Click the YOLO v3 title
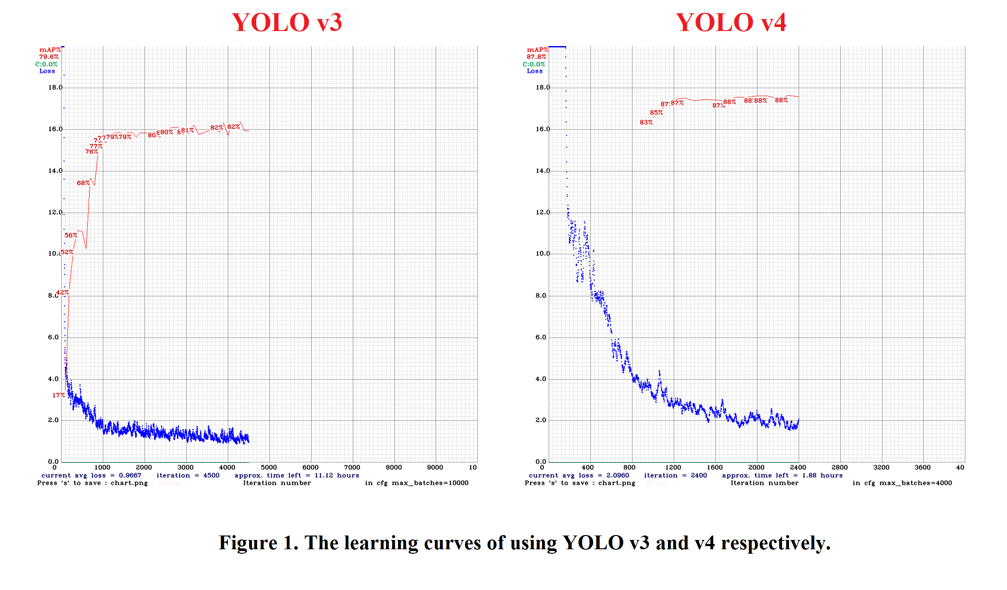(286, 23)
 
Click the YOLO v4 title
(730, 23)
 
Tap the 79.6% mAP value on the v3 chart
(49, 57)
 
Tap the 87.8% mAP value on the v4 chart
(536, 57)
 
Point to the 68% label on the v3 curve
(83, 183)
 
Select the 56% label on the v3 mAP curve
(71, 235)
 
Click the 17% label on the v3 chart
(59, 395)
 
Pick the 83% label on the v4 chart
(646, 122)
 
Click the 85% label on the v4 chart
(656, 113)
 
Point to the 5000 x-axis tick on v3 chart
(269, 467)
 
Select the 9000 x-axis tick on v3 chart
(435, 467)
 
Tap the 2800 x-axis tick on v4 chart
(839, 467)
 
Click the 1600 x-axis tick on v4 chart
(714, 467)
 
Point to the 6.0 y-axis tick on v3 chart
(53, 337)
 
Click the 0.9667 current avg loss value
(130, 475)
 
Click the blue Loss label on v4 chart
(535, 71)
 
